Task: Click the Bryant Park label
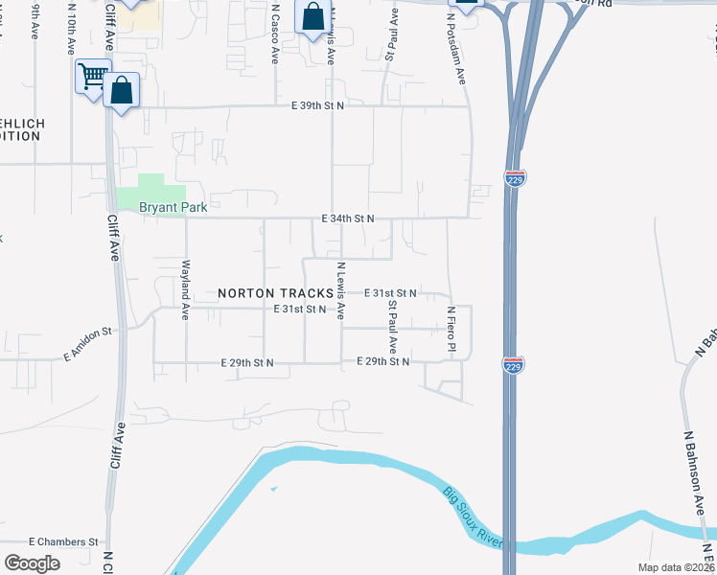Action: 173,206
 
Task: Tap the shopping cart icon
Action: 93,77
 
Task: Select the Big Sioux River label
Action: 473,518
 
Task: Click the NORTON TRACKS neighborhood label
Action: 275,292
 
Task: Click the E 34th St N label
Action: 347,218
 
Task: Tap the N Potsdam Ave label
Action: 461,48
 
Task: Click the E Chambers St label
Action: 64,541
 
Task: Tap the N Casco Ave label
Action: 275,34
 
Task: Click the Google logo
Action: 32,563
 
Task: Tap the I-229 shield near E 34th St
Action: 514,178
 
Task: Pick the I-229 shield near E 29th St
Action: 513,364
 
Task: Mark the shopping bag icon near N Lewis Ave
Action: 313,17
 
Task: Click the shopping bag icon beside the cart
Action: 122,92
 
